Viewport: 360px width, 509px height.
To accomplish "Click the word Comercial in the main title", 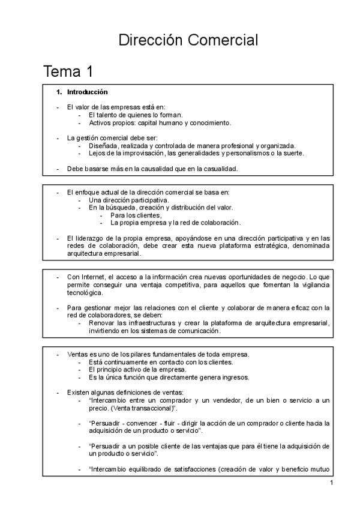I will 223,41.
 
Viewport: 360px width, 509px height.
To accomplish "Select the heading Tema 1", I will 68,73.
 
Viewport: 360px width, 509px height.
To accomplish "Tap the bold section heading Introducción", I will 88,92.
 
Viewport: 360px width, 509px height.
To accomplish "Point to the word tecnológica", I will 85,293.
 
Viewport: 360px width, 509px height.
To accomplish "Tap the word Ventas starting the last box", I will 77,354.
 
